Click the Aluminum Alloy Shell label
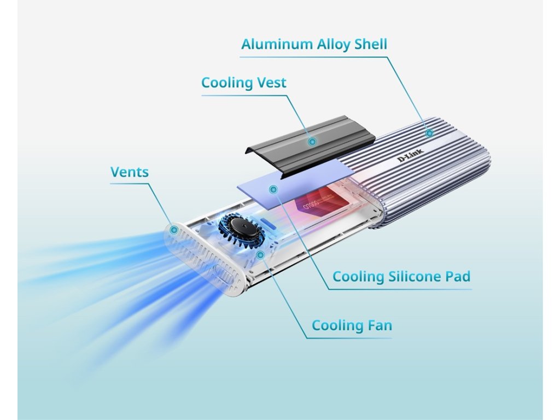314,44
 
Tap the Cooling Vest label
243,83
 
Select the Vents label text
129,172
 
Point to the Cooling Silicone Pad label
401,277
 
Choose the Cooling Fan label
352,326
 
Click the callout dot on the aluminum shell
430,132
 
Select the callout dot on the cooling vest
312,141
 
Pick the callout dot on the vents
173,230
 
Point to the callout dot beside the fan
261,255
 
